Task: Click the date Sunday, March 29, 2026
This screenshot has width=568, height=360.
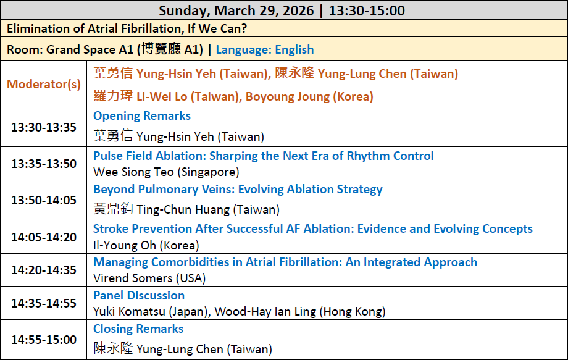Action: click(x=236, y=10)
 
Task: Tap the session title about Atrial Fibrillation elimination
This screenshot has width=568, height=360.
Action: click(x=127, y=28)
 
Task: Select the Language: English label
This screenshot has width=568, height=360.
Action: click(x=265, y=49)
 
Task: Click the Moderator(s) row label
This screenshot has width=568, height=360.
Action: click(x=44, y=84)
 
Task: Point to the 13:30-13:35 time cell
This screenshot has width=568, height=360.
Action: click(x=44, y=127)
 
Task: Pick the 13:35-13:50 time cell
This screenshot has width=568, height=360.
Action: click(x=44, y=164)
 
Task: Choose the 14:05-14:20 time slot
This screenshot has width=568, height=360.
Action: click(x=44, y=237)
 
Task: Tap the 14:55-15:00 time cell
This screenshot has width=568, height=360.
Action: click(x=44, y=340)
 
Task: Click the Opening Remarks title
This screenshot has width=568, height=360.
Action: click(x=142, y=115)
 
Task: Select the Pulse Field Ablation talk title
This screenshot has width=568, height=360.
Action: click(x=264, y=156)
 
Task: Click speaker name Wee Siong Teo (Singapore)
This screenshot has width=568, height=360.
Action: click(x=166, y=172)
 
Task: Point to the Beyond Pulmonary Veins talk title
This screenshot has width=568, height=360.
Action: click(x=238, y=189)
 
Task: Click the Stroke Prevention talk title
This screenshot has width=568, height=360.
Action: click(x=313, y=228)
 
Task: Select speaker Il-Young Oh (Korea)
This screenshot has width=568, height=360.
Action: click(x=146, y=245)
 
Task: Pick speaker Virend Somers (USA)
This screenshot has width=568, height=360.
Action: click(x=149, y=278)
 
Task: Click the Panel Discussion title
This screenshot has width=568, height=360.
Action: click(x=139, y=295)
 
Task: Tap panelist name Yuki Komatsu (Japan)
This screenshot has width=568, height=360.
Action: click(x=151, y=311)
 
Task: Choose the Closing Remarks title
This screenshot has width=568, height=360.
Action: click(x=138, y=329)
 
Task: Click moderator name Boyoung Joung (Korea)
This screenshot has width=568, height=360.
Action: click(x=309, y=97)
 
